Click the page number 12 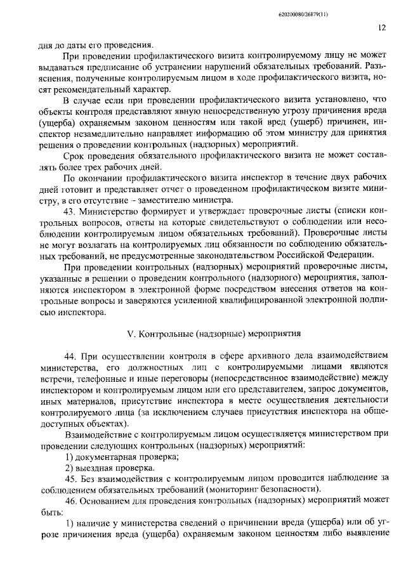381,28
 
